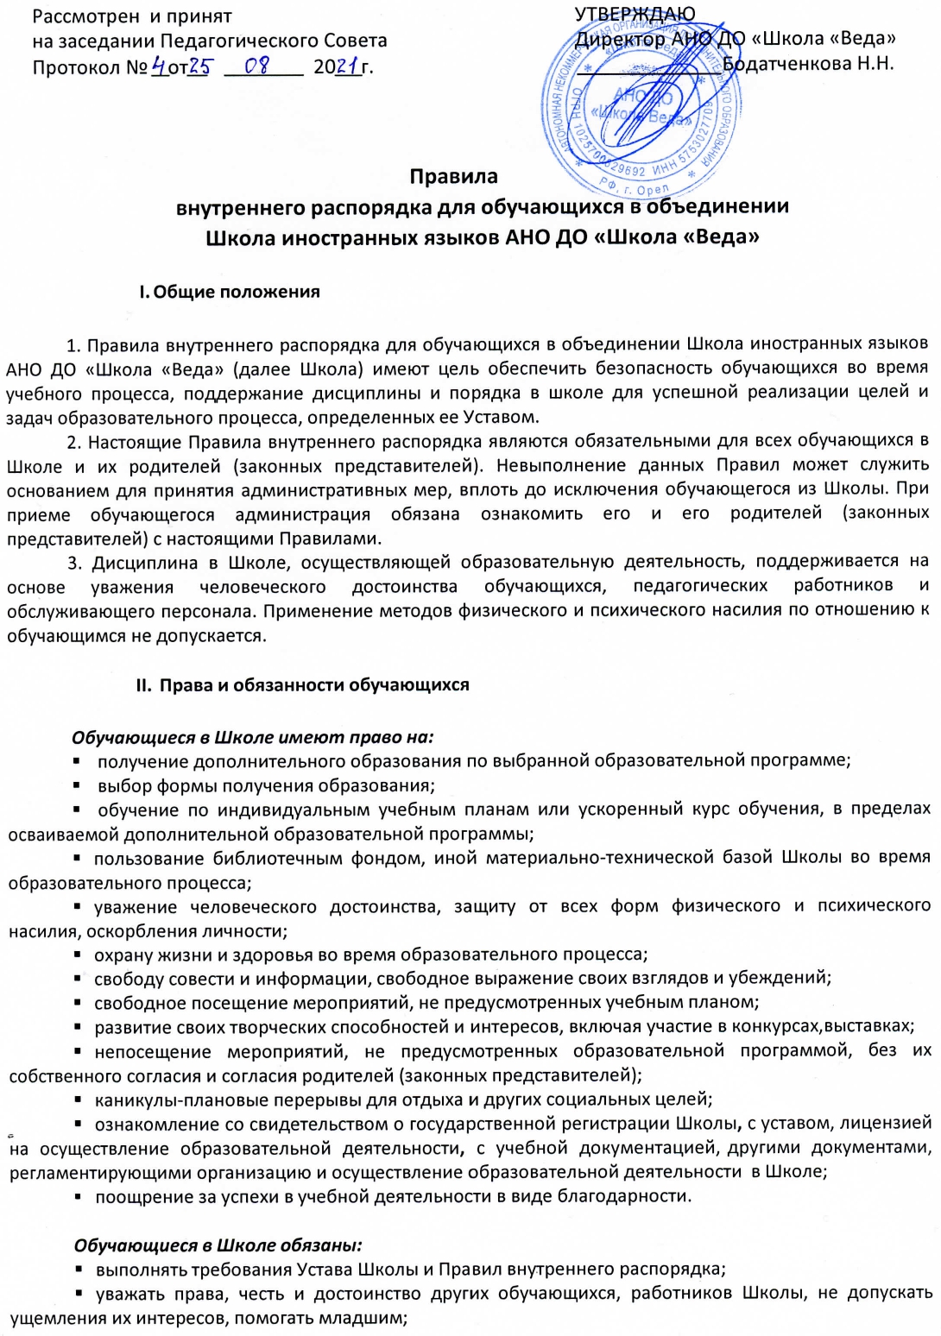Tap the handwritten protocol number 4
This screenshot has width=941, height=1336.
click(159, 66)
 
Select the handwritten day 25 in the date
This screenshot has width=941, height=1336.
click(199, 66)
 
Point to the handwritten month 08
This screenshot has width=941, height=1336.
click(257, 66)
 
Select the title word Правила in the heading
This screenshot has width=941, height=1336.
click(453, 177)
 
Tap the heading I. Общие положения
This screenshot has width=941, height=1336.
click(229, 292)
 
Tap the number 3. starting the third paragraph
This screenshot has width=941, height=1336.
click(74, 563)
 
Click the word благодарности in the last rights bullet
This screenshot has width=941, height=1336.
click(633, 1196)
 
